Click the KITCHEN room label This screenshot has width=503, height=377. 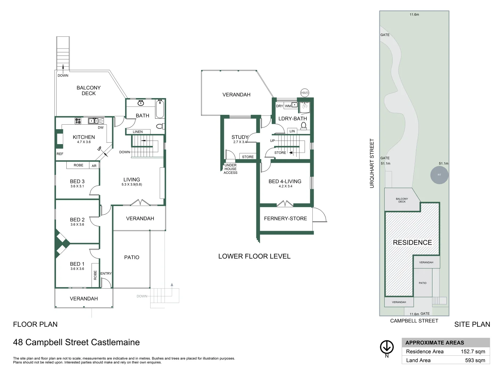point(83,137)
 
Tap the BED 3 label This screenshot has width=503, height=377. point(77,181)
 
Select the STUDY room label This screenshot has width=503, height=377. point(240,137)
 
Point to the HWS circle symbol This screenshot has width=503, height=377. point(305,93)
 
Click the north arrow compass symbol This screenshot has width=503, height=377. point(387,347)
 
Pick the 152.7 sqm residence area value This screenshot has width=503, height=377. point(473,352)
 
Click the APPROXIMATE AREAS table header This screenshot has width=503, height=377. point(435,342)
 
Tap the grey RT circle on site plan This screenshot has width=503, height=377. point(439,175)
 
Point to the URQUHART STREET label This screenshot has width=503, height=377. point(372,163)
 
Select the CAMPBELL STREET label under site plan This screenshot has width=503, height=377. point(414,321)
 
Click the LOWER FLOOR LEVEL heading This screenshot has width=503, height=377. point(254,256)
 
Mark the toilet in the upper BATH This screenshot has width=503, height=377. point(160,126)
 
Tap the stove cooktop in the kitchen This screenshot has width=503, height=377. point(78,121)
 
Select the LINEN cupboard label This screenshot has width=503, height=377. point(138,132)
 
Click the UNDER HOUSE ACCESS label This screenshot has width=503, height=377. point(231,169)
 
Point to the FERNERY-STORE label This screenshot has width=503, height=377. point(285,219)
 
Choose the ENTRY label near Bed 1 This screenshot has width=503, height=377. point(106,273)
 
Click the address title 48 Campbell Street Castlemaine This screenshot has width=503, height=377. point(76,342)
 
